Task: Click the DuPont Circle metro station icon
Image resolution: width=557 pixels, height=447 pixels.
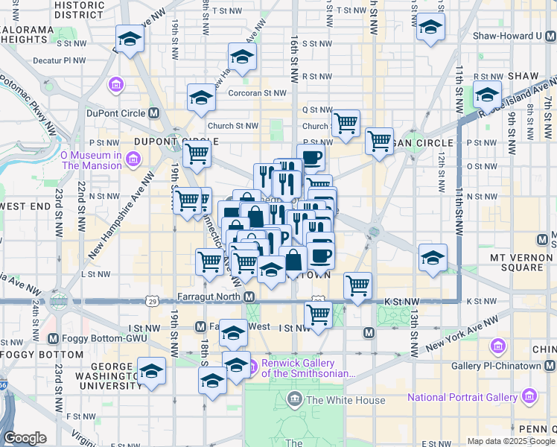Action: (x=154, y=113)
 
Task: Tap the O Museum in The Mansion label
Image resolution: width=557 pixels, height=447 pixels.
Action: (x=91, y=160)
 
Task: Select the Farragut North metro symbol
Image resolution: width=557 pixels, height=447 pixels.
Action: (x=249, y=297)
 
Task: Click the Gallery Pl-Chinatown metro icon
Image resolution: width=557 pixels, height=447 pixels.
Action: (x=550, y=365)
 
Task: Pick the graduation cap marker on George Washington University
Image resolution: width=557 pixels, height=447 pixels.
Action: (x=151, y=370)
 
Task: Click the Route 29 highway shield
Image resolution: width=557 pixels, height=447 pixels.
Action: (x=152, y=301)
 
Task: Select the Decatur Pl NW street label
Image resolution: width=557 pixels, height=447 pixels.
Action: (x=64, y=62)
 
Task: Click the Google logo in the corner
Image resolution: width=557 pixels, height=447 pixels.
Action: (x=25, y=438)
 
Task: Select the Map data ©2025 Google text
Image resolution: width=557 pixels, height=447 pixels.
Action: (x=510, y=441)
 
